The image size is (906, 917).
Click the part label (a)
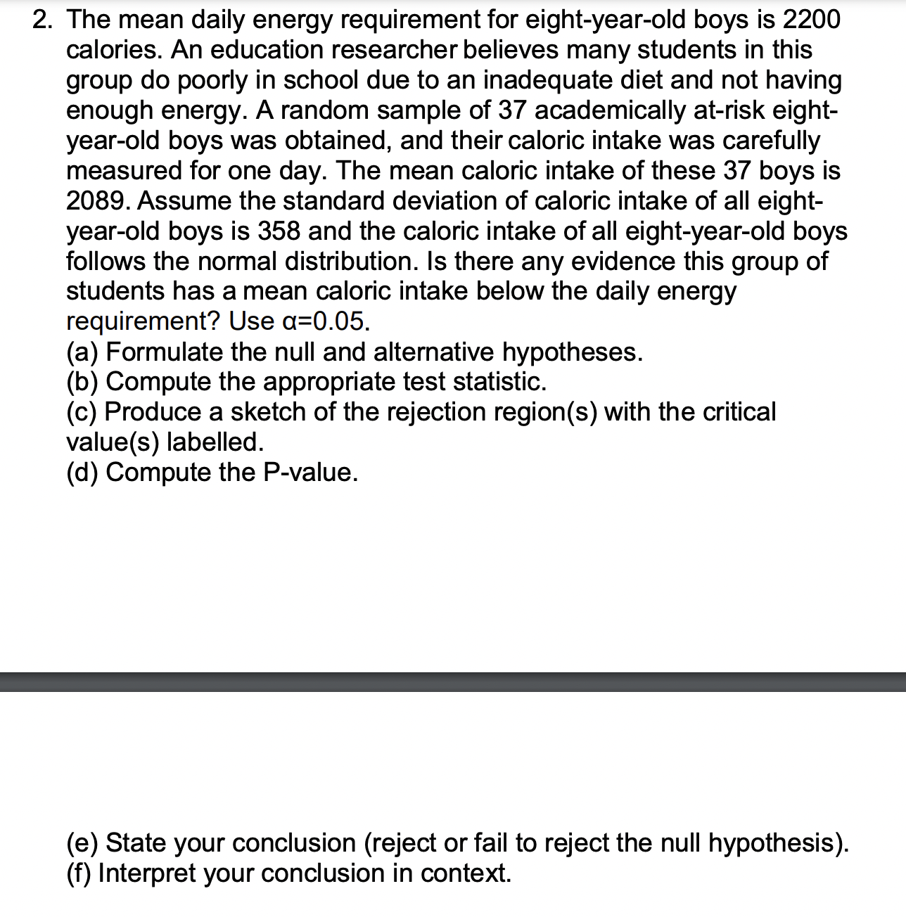coord(83,352)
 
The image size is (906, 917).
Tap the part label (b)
coord(83,382)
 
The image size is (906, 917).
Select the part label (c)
coord(82,412)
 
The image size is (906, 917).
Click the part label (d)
coord(83,473)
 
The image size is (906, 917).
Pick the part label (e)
coord(83,842)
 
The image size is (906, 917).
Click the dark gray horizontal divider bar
coord(453,681)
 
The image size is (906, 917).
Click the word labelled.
coord(215,442)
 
